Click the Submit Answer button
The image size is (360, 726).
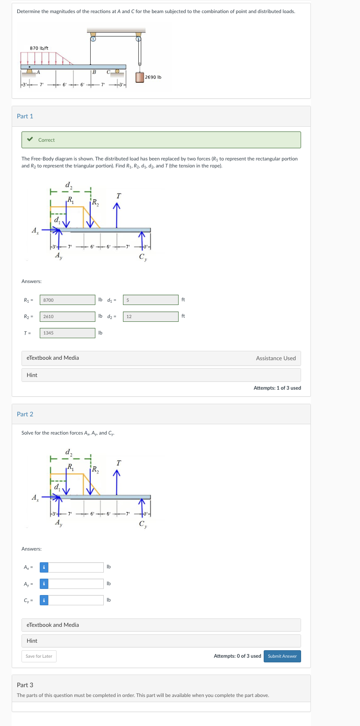click(x=282, y=656)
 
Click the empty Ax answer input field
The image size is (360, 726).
click(x=76, y=567)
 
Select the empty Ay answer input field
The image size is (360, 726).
click(x=76, y=584)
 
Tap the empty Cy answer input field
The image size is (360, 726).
click(x=76, y=600)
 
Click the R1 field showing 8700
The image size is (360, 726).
click(x=67, y=300)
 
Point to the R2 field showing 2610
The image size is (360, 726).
click(x=67, y=317)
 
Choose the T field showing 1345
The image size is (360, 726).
click(x=67, y=333)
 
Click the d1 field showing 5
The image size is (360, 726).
click(x=151, y=300)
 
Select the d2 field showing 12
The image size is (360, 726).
click(x=151, y=317)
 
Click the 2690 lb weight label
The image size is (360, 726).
click(x=153, y=77)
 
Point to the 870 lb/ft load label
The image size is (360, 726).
click(x=39, y=48)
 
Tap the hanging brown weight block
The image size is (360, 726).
click(x=139, y=77)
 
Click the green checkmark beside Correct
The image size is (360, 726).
click(x=30, y=139)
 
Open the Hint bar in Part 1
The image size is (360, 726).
click(x=161, y=375)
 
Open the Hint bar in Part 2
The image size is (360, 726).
click(x=161, y=640)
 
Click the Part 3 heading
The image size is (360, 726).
click(x=25, y=685)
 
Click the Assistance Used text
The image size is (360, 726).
click(x=276, y=358)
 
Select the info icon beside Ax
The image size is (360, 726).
click(x=43, y=567)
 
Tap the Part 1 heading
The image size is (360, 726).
click(x=25, y=116)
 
